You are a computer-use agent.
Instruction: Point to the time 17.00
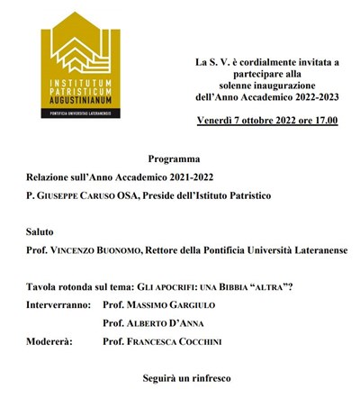click(321, 120)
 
